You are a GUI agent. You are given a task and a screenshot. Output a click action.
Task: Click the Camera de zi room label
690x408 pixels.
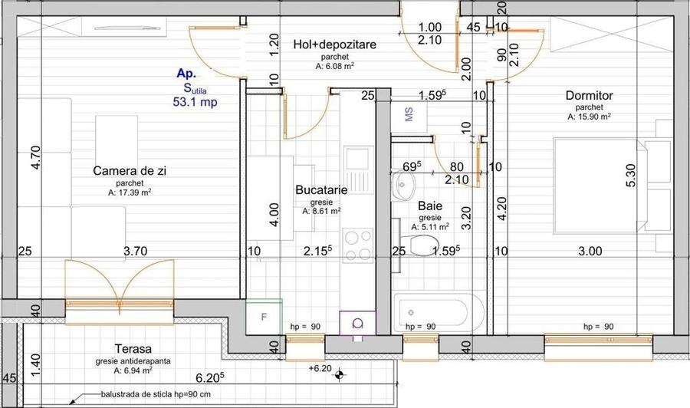[x=130, y=171]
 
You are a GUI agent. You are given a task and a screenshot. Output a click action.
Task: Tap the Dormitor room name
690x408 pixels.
[x=590, y=96]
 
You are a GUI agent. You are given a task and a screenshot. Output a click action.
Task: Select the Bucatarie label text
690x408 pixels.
[x=321, y=190]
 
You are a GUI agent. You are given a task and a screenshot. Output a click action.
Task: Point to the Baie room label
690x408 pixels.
[x=430, y=206]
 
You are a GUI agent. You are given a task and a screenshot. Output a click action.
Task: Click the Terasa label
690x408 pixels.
[x=133, y=349]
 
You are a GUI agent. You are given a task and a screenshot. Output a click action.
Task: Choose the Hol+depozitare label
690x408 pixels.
[x=335, y=44]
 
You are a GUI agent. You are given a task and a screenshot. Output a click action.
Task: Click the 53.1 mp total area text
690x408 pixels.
[x=195, y=102]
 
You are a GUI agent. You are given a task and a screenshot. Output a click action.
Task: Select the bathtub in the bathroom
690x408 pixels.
[x=431, y=312]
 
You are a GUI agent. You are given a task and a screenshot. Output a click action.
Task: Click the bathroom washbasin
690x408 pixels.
[x=403, y=186]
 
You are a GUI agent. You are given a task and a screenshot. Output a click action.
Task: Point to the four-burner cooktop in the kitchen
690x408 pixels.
[x=358, y=245]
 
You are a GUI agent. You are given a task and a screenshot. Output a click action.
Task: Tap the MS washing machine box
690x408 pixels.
[x=409, y=116]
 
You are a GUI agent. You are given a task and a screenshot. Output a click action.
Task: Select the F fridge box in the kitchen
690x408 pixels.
[x=264, y=317]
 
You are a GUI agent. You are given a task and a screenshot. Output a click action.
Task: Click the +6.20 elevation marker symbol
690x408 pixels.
[x=339, y=375]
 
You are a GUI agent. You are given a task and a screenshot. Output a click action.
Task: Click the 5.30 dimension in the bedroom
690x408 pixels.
[x=631, y=175]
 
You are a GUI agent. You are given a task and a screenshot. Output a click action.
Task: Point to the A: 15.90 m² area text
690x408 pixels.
[x=589, y=117]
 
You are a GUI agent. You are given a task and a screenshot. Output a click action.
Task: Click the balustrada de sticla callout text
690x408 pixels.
[x=156, y=394]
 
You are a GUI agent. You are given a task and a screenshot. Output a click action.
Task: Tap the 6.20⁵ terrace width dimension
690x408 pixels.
[x=210, y=377]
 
